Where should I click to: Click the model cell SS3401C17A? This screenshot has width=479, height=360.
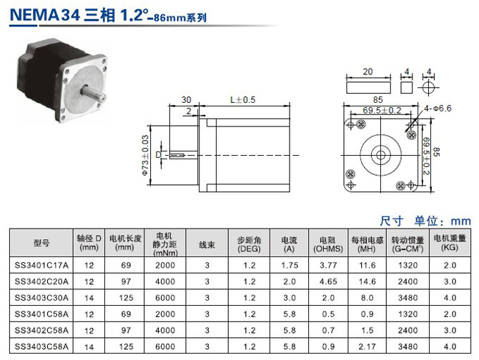pyautogui.click(x=41, y=266)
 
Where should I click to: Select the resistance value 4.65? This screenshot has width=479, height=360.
pyautogui.click(x=328, y=281)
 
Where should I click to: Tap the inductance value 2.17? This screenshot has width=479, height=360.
pyautogui.click(x=367, y=346)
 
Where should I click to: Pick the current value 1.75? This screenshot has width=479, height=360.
pyautogui.click(x=290, y=266)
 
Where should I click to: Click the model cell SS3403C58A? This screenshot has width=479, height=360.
pyautogui.click(x=41, y=346)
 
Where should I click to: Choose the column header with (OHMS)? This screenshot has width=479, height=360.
pyautogui.click(x=328, y=244)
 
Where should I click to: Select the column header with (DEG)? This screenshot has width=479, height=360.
pyautogui.click(x=249, y=244)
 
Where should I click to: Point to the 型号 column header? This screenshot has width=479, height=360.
pyautogui.click(x=41, y=243)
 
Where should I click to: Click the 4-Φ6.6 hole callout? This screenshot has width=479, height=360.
pyautogui.click(x=438, y=109)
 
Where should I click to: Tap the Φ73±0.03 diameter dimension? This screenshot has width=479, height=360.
pyautogui.click(x=145, y=155)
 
